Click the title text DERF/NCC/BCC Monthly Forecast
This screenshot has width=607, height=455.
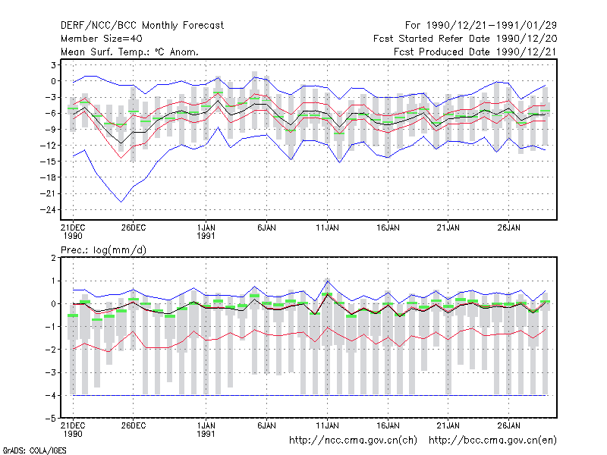[x=142, y=26]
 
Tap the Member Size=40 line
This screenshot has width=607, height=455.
[x=102, y=39]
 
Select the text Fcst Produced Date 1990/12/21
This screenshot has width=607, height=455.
[x=475, y=52]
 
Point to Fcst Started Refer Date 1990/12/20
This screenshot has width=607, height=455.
[x=465, y=39]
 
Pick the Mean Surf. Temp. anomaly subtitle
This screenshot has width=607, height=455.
[x=130, y=52]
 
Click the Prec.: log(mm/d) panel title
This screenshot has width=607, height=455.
[x=103, y=250]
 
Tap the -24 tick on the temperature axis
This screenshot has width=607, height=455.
[x=48, y=210]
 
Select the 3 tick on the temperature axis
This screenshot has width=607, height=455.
[x=53, y=65]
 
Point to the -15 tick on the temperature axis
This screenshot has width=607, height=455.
[x=48, y=162]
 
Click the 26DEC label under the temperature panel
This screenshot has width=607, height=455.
[x=134, y=228]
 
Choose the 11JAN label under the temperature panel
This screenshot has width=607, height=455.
[x=327, y=228]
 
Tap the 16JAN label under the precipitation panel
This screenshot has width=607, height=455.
[x=388, y=426]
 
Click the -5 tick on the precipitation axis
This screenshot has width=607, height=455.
[x=50, y=419]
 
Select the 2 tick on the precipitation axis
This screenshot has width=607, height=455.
[x=53, y=258]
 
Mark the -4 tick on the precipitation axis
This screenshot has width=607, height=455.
[x=50, y=395]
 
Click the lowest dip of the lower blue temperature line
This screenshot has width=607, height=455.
[x=121, y=202]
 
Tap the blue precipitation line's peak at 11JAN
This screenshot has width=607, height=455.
[x=328, y=281]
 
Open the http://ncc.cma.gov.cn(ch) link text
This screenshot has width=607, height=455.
[x=353, y=441]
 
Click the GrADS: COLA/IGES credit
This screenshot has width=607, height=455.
[x=34, y=450]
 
